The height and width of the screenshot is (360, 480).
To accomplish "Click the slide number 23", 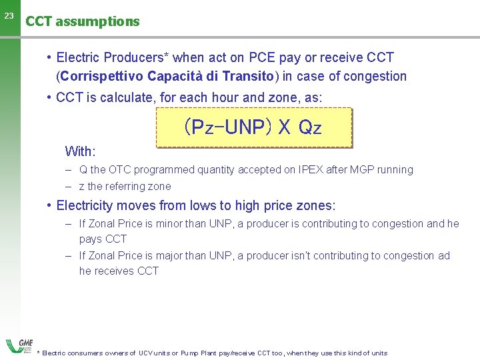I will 8,15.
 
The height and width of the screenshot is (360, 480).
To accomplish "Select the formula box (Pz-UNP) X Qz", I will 253,127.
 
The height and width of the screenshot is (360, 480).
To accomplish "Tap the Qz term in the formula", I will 310,127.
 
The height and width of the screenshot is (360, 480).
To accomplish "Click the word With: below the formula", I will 80,151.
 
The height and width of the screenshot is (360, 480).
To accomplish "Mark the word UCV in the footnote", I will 145,353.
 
